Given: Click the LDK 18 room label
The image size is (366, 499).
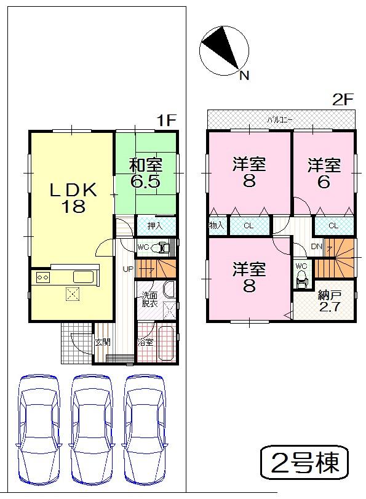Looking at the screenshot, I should pos(73,198).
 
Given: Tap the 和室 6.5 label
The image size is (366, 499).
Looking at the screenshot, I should pos(146,173).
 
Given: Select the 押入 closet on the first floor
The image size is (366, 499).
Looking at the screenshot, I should pos(155,226).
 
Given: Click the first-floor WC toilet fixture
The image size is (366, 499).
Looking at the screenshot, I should pos(163,248).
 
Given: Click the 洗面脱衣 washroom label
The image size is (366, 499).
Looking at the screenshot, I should pos(150,298).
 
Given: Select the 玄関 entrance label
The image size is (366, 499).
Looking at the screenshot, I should pos(102,342).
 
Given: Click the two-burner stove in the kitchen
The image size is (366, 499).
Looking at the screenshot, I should pos(42,277).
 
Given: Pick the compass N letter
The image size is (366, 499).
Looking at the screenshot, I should pos(244,76).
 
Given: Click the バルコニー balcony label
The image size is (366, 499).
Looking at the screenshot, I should pos(280,119).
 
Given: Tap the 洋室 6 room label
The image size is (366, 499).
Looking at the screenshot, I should pos(324,173).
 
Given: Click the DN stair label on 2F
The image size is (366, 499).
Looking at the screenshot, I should pos(316,247).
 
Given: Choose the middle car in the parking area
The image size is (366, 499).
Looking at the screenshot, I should pos(92,427).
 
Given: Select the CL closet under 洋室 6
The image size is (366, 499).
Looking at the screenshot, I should pos(333,226).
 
